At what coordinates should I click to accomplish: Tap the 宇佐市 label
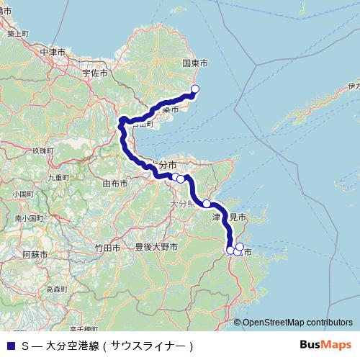coord(94,73)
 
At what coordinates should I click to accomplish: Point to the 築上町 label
coord(15,34)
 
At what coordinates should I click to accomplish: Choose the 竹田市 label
coord(107,247)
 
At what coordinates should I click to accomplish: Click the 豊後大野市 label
coord(156,247)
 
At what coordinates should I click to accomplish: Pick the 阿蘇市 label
coord(34,255)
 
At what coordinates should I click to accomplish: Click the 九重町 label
coord(56,176)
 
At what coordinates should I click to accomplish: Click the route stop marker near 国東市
coord(194,89)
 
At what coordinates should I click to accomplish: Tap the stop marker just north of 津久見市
coord(207,204)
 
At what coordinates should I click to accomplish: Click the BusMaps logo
coord(326,345)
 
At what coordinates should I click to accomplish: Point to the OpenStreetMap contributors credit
coord(297,323)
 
